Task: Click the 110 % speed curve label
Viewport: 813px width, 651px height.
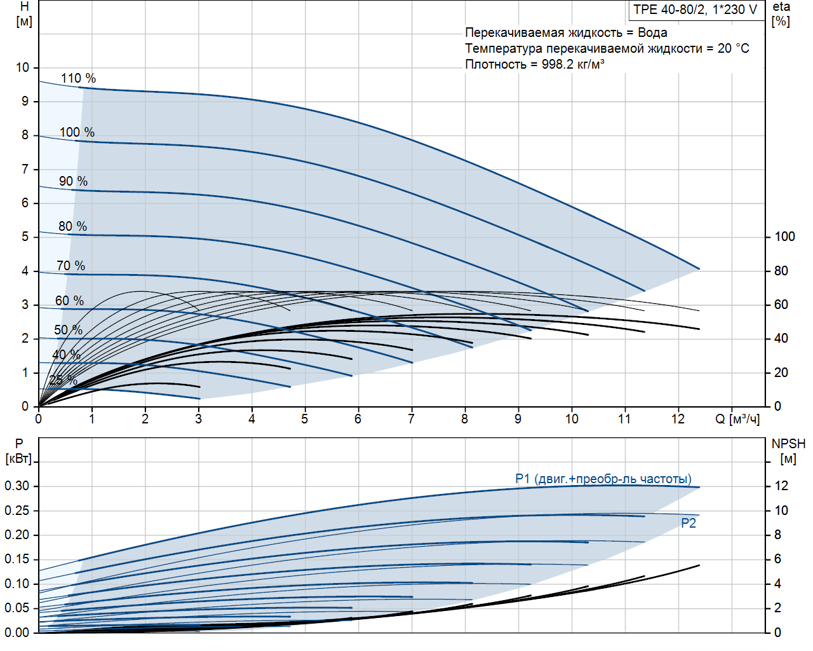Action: coord(78,78)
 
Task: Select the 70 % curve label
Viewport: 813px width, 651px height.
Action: coord(71,266)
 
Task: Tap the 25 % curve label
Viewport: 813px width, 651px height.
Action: coord(63,380)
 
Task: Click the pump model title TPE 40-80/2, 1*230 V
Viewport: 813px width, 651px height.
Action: coord(695,10)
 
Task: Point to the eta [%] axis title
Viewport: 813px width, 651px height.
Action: coord(781,14)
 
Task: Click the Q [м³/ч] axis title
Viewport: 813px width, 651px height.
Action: coord(737,419)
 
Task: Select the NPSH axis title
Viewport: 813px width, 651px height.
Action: coord(788,444)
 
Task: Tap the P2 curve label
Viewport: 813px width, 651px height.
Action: coord(689,523)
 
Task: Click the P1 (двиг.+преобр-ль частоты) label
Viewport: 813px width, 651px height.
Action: coord(603,479)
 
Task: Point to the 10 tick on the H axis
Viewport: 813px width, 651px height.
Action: coord(23,67)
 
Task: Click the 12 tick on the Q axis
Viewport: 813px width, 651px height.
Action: coord(678,419)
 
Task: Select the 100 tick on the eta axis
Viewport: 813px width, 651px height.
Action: coord(784,236)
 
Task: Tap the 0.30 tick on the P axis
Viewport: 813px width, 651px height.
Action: coord(17,486)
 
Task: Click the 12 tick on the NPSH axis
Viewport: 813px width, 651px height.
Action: coord(781,486)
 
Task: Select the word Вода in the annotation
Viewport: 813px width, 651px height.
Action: coord(652,32)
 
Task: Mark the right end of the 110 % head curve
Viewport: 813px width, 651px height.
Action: coord(699,269)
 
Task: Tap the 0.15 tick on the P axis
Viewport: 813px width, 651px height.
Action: coord(17,559)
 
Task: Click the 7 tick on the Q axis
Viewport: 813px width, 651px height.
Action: coord(412,419)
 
